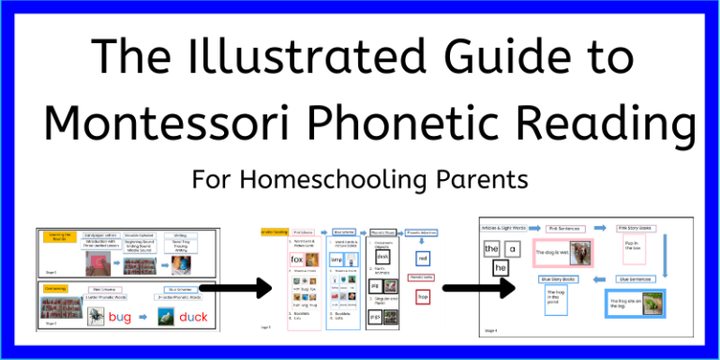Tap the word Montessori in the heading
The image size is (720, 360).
click(192, 124)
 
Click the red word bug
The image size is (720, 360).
click(120, 317)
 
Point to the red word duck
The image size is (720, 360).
click(193, 317)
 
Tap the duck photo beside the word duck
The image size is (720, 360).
click(161, 317)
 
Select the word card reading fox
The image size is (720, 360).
click(297, 259)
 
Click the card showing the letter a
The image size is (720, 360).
click(512, 249)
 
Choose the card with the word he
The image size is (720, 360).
click(500, 267)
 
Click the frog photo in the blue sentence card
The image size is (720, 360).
click(650, 302)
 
